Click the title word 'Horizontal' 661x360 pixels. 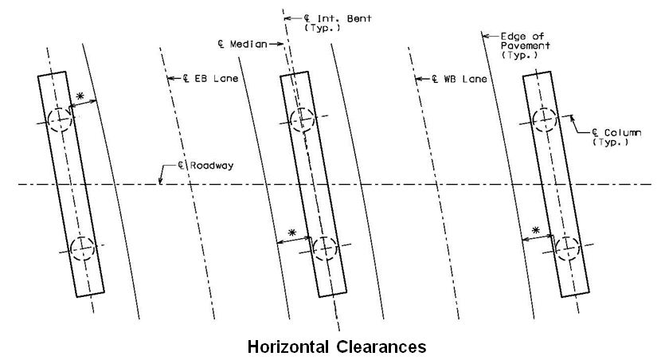tap(288, 347)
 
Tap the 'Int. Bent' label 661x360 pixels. tap(344, 18)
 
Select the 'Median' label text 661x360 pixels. tap(248, 44)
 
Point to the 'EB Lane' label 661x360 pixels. tap(216, 78)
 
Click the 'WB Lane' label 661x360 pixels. tap(465, 79)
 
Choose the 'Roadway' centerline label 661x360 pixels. tap(211, 165)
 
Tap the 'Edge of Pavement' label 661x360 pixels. tap(526, 45)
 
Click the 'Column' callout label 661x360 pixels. tap(622, 133)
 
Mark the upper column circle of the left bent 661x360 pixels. tap(60, 120)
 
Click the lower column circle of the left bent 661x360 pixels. tap(83, 248)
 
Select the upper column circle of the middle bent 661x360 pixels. tap(303, 119)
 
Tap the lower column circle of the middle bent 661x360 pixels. tap(325, 248)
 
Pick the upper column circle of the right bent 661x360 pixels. tap(545, 119)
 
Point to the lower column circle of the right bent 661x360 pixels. tap(568, 248)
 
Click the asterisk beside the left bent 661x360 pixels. tap(80, 96)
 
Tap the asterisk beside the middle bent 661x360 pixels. tap(292, 233)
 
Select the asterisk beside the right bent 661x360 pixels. tap(535, 230)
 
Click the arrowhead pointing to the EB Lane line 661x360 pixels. tap(170, 78)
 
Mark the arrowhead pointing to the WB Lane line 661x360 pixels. tap(419, 79)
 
